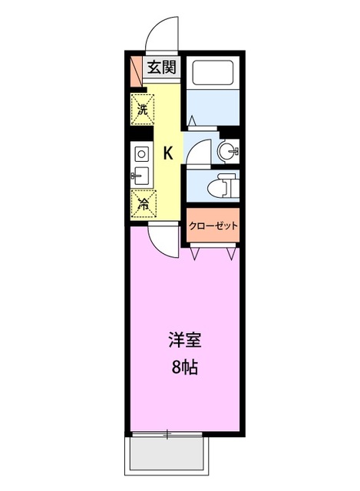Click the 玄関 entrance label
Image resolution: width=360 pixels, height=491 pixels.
[x=161, y=67]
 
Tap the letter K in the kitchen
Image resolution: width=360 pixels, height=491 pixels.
[x=168, y=153]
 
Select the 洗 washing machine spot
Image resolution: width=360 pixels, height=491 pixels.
[x=143, y=108]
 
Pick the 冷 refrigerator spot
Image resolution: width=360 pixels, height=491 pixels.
[x=143, y=203]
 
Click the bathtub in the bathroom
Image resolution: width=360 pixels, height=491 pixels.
[x=214, y=74]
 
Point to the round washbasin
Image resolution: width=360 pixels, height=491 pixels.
[x=228, y=151]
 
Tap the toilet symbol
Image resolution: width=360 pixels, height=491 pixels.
[x=225, y=185]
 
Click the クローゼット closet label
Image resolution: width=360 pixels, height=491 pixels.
[x=214, y=226]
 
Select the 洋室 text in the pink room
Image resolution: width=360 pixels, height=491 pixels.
[x=184, y=338]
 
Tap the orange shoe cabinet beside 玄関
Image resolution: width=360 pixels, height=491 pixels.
[x=135, y=70]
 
